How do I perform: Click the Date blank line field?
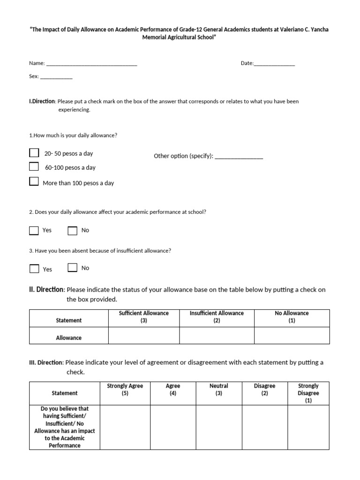tap(274, 63)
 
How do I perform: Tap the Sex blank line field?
tap(56, 76)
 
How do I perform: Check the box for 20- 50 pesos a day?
tap(34, 153)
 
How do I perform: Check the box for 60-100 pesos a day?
tap(34, 166)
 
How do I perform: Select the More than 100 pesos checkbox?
tap(34, 181)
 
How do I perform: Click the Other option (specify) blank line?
tap(239, 157)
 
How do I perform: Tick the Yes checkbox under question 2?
tap(34, 230)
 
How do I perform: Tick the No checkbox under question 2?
tap(72, 230)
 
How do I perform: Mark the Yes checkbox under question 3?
tap(34, 269)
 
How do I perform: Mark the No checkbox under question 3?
tap(72, 268)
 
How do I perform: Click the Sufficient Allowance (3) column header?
tap(144, 317)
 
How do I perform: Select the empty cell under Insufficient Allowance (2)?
tap(217, 336)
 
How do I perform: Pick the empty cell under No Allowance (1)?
tap(292, 336)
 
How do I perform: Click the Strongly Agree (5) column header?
tap(125, 390)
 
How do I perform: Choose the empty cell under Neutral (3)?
tap(218, 427)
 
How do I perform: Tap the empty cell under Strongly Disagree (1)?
tap(308, 427)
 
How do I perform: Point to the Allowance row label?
tap(69, 337)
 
